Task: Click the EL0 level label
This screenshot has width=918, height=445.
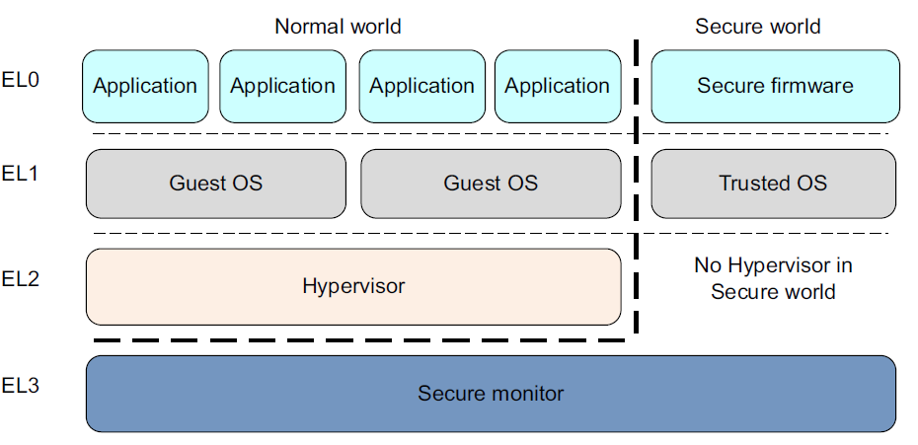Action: (x=21, y=79)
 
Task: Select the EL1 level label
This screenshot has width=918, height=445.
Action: (x=21, y=175)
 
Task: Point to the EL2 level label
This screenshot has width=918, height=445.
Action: (x=21, y=278)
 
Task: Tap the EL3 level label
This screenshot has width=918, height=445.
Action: (x=21, y=386)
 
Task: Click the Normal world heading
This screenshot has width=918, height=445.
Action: (x=338, y=27)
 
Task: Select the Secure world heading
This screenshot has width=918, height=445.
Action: (x=757, y=27)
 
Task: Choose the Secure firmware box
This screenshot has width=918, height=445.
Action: (x=775, y=86)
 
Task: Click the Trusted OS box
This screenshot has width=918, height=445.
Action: (x=773, y=184)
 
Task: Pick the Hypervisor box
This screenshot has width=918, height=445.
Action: (x=353, y=286)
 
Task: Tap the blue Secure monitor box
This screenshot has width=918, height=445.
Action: (x=491, y=394)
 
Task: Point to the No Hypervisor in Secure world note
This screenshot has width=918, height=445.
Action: (x=773, y=278)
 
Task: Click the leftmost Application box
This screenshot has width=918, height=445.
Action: (x=145, y=86)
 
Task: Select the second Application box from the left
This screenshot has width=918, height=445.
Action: (x=282, y=86)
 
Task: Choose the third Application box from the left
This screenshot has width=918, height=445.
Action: (x=421, y=86)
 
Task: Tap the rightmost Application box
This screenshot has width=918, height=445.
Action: (x=558, y=86)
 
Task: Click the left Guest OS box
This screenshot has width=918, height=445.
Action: (x=216, y=184)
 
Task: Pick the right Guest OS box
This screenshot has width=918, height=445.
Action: (x=491, y=184)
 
